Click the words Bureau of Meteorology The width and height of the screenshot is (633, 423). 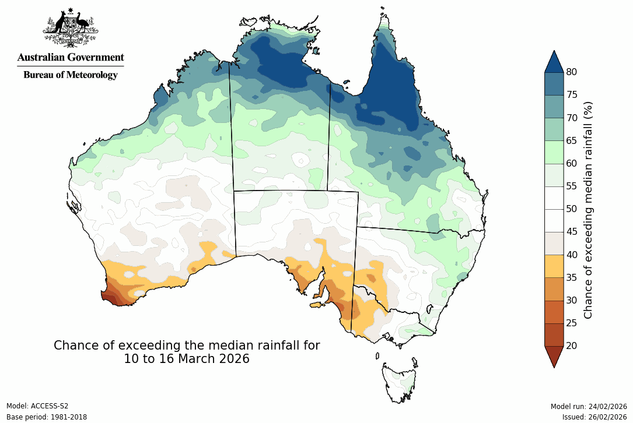[70, 75]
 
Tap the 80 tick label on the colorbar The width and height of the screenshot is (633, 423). [571, 72]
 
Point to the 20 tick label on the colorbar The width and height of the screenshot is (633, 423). [571, 346]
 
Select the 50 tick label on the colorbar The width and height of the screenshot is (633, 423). [571, 209]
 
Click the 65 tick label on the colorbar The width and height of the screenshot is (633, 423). [571, 140]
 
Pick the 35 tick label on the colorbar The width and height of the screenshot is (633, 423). [571, 277]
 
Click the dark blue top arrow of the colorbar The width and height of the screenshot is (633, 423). [554, 62]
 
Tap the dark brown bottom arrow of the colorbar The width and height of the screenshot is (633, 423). [554, 355]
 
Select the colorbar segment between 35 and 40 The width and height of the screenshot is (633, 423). [554, 266]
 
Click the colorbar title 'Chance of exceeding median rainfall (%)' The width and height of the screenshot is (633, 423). [589, 209]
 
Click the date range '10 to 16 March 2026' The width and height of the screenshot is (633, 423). [187, 359]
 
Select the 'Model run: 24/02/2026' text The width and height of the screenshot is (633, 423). [589, 406]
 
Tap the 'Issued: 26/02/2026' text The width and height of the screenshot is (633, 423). [594, 417]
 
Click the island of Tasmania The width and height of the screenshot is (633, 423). [400, 382]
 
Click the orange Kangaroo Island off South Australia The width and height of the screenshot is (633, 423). [317, 305]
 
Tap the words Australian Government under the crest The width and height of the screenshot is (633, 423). [70, 58]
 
